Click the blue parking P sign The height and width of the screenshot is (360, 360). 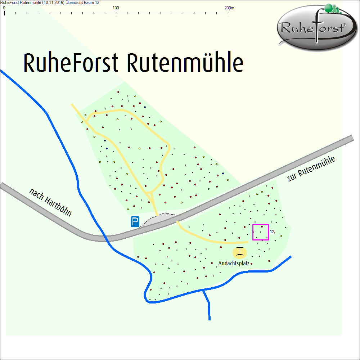pos(135,222)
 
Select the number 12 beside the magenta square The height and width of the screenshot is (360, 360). pos(272,232)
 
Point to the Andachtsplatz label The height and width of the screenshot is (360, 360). pos(234,264)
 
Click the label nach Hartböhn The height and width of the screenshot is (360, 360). pos(50,203)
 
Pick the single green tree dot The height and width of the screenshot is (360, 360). pos(168,269)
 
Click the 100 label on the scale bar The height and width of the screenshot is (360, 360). pos(116,8)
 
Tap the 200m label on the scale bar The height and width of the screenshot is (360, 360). pos(229,8)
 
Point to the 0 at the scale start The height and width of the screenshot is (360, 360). pos(4,8)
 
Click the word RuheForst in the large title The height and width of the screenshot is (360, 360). pos(71,64)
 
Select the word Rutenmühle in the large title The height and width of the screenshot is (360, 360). pos(185,64)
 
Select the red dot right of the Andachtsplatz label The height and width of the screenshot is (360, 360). pos(252,264)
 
